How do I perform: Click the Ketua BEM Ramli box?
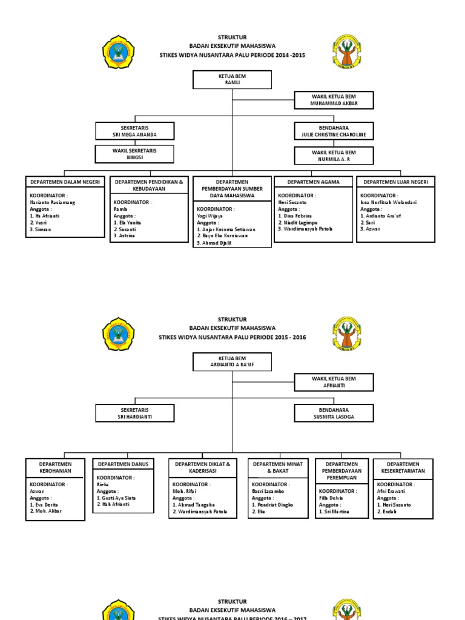(232, 79)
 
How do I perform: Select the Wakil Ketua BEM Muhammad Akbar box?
(334, 100)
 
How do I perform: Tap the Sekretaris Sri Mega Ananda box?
(134, 131)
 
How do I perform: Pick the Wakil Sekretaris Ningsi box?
(134, 154)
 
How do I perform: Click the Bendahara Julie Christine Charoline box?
(334, 131)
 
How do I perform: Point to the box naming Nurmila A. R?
(334, 156)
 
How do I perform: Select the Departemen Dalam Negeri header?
(65, 182)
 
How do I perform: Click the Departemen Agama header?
(313, 182)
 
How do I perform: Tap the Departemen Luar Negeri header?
(395, 182)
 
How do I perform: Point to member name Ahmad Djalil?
(215, 243)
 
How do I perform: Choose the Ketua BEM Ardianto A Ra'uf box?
(232, 362)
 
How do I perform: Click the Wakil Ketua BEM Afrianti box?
(334, 382)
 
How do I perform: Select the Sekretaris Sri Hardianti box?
(134, 413)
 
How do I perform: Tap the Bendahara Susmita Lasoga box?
(334, 413)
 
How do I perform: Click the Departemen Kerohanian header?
(55, 467)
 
